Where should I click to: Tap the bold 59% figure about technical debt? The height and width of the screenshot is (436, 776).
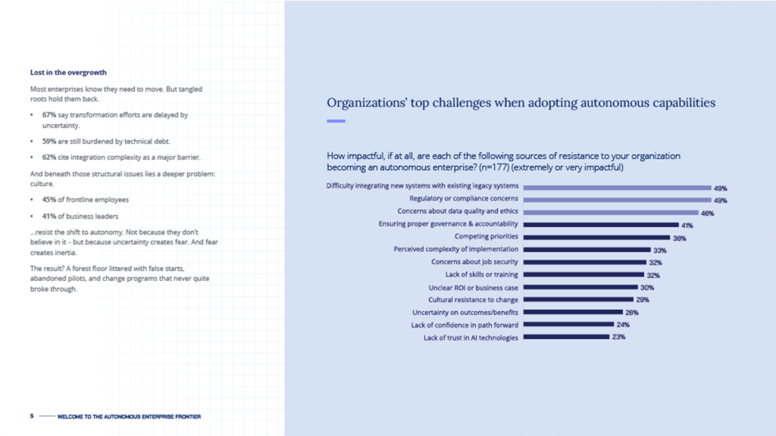(x=49, y=141)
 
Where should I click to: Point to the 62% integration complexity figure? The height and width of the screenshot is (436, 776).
(x=49, y=157)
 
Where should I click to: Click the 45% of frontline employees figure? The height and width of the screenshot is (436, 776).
(x=49, y=199)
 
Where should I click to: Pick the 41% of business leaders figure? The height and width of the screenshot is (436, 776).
(x=49, y=216)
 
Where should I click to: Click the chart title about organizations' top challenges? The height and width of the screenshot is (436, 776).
(x=521, y=103)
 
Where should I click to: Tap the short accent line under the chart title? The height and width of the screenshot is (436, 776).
(x=336, y=121)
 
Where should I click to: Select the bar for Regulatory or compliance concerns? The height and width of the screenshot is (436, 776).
(x=616, y=200)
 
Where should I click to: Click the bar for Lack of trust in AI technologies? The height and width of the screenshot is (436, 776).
(x=566, y=338)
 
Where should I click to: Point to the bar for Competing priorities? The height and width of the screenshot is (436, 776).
(x=596, y=237)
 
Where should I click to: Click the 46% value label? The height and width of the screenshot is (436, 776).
(x=707, y=213)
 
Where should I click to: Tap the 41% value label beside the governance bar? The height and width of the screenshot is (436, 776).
(x=687, y=225)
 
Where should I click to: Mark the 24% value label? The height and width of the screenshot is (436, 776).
(x=623, y=325)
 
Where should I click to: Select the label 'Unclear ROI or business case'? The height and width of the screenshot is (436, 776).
(x=473, y=288)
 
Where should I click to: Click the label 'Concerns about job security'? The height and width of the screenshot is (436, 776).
(x=474, y=262)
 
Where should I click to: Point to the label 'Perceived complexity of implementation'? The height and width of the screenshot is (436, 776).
(x=455, y=249)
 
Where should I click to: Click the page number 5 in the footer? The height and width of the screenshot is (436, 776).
(x=32, y=416)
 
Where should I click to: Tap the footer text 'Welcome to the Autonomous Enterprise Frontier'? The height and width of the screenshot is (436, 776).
(x=129, y=416)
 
